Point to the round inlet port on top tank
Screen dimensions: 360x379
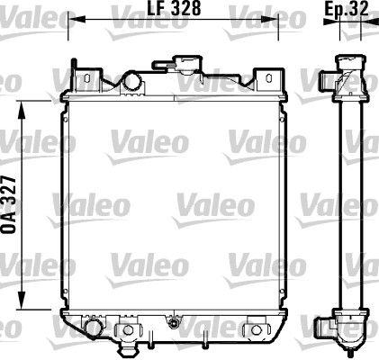click(131, 82)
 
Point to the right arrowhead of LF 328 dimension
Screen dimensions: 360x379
click(285, 18)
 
